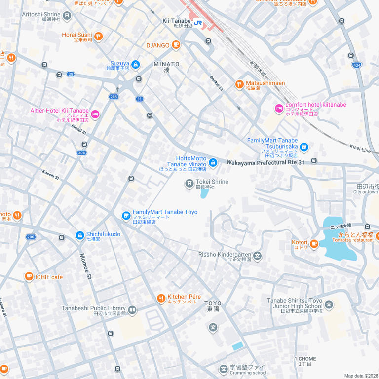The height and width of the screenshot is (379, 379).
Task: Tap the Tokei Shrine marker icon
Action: (x=189, y=184)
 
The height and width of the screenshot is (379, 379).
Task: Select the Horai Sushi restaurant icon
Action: (x=99, y=36)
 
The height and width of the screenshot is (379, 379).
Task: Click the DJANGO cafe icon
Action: (x=176, y=45)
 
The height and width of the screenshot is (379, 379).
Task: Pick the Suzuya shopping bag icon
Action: (x=136, y=64)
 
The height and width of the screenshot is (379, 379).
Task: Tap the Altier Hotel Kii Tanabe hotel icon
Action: (x=95, y=114)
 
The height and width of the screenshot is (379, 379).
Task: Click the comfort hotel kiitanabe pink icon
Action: (x=279, y=108)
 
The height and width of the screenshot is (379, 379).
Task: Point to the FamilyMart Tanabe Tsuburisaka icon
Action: (x=304, y=147)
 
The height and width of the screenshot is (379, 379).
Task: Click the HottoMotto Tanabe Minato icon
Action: (x=213, y=162)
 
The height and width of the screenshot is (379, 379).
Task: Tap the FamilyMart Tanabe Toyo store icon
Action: (x=126, y=216)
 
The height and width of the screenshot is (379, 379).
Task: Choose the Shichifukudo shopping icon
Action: (x=80, y=236)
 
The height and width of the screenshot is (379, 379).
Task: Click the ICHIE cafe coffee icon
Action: (x=29, y=277)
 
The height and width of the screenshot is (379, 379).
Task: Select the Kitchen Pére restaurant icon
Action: (x=161, y=298)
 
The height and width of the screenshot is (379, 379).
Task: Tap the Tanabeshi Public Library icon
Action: (x=132, y=310)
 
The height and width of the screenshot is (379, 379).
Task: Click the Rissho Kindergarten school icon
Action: (x=258, y=256)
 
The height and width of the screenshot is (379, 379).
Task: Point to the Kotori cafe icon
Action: (x=314, y=243)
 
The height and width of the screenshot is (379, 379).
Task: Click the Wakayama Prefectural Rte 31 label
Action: (x=265, y=162)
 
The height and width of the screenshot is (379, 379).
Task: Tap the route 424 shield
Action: (x=356, y=65)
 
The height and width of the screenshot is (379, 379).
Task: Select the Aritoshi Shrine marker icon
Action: (x=67, y=15)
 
